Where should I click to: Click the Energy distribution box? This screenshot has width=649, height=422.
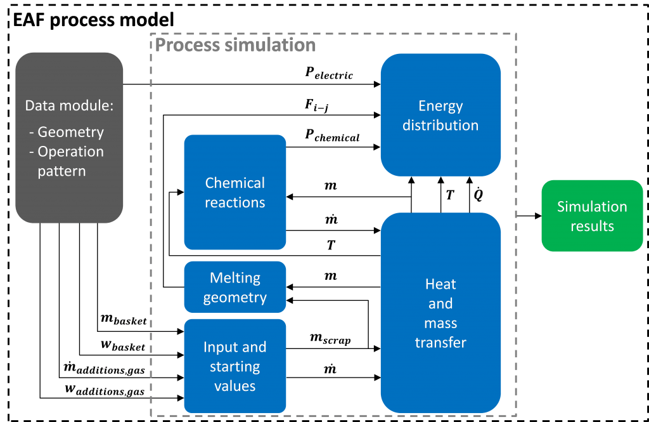[440, 115]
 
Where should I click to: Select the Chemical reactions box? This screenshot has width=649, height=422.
[235, 192]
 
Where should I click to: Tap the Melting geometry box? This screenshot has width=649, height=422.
[235, 287]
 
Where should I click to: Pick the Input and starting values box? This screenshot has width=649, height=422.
[235, 366]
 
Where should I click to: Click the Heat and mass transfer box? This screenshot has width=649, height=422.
[440, 313]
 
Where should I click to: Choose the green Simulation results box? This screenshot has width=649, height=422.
[592, 216]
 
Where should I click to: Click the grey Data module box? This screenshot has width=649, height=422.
[69, 138]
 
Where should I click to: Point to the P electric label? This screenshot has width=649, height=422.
[329, 73]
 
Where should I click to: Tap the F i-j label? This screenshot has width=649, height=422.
[317, 105]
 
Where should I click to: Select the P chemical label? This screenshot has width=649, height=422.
[332, 136]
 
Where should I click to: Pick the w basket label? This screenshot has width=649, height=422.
[123, 345]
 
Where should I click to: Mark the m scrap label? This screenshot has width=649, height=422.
[330, 339]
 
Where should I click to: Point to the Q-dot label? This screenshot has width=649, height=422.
[478, 194]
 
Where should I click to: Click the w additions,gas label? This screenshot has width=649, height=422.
[105, 390]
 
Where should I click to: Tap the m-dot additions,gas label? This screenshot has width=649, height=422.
[104, 367]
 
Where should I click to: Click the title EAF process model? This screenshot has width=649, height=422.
[94, 20]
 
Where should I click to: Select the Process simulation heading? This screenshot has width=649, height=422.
[235, 45]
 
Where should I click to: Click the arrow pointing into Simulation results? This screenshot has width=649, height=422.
[529, 216]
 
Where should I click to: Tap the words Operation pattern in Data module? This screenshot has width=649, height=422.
[66, 161]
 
